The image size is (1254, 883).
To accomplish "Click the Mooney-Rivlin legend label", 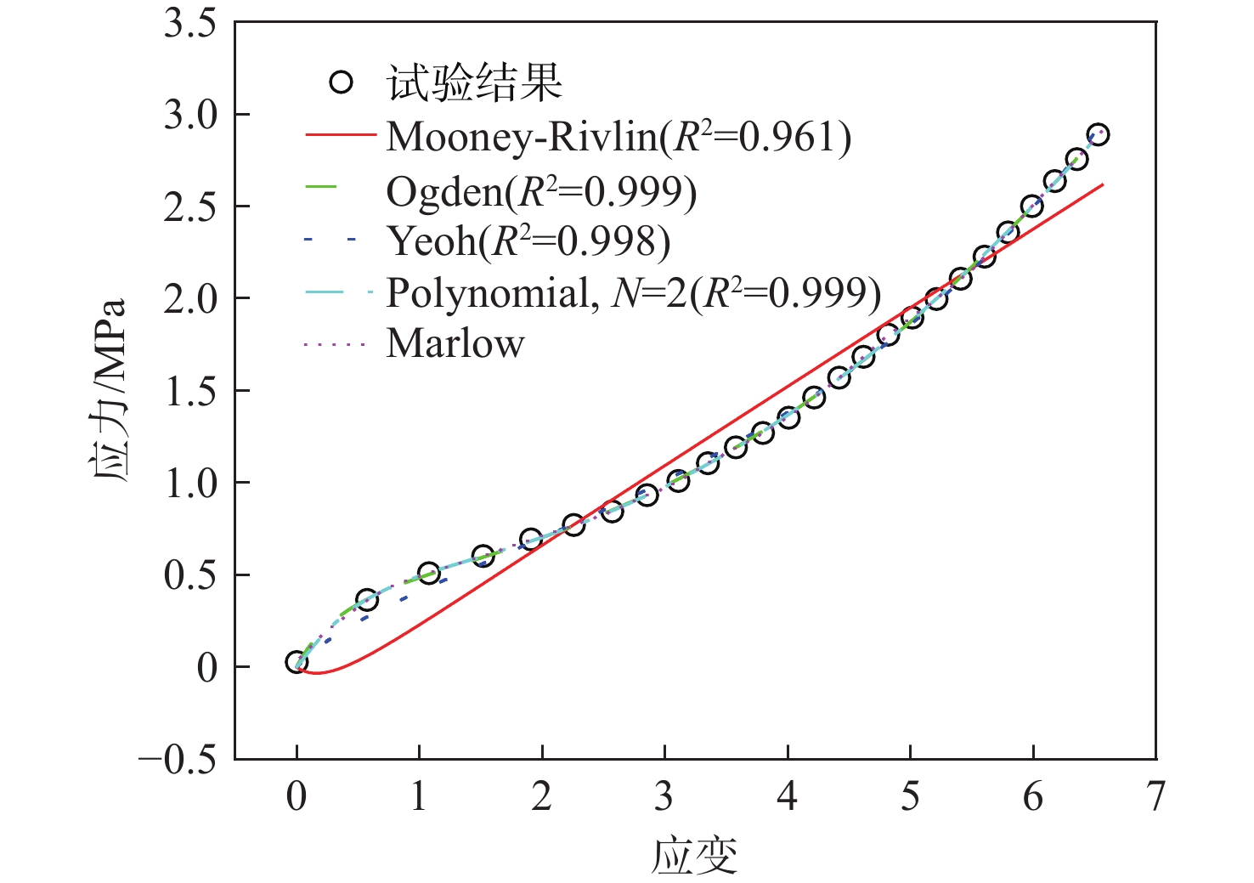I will coord(618,137).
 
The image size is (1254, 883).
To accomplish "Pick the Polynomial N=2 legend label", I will coord(633,293).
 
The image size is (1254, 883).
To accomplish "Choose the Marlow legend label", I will coord(455,344).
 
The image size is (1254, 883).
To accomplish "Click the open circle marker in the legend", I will coord(341,82).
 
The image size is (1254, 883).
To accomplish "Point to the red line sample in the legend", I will coord(340,134).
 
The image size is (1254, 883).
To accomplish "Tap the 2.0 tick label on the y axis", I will coord(190,298).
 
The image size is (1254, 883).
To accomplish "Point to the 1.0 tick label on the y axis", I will coord(190,483).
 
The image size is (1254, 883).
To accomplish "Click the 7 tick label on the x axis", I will coord(1155,797).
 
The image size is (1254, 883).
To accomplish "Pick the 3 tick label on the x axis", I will coord(664,797).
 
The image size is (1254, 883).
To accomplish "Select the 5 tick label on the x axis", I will coord(910,797).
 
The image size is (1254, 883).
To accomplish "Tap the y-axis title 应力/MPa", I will coord(109,390).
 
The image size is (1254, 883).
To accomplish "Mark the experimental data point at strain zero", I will coord(297,662).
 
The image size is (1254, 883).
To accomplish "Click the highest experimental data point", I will coord(1098,134).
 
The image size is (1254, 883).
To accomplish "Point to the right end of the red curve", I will coord(1102,184).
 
